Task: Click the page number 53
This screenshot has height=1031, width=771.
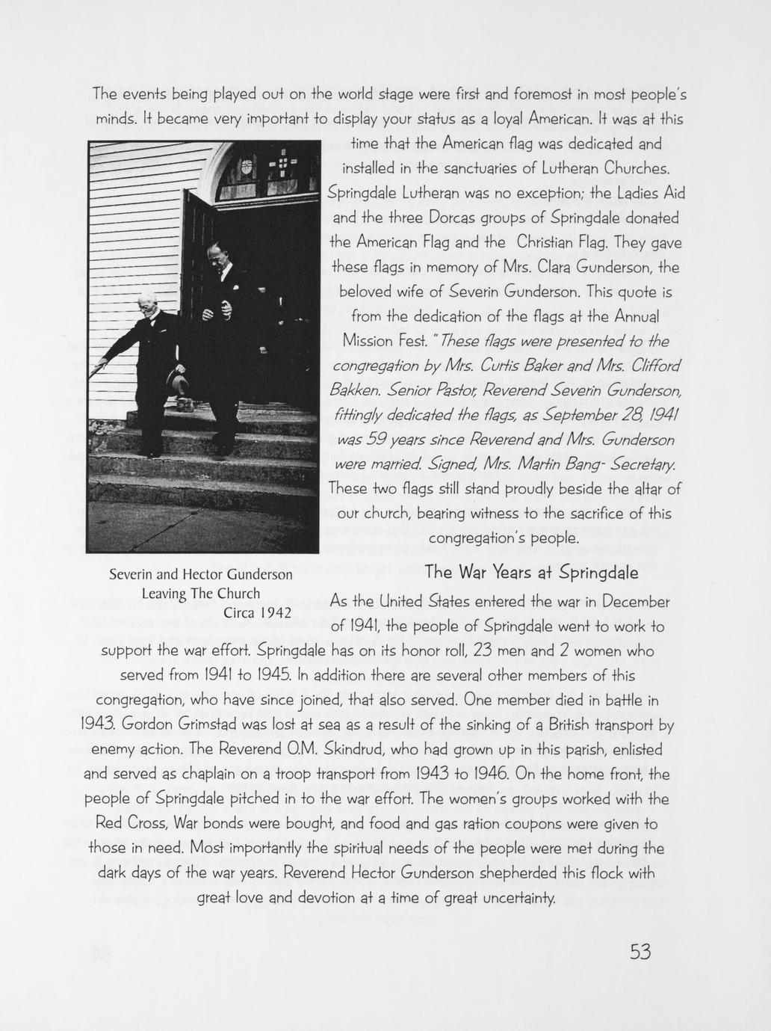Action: pyautogui.click(x=641, y=952)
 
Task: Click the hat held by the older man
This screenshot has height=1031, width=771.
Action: pyautogui.click(x=177, y=383)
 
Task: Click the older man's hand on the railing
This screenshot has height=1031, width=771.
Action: pyautogui.click(x=95, y=368)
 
